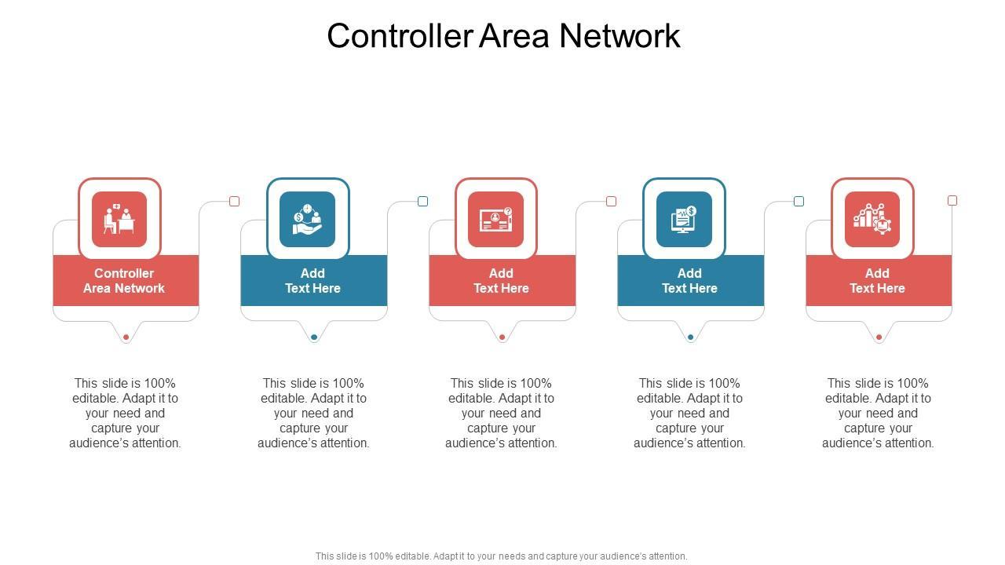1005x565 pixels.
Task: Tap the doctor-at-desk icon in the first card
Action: (x=119, y=219)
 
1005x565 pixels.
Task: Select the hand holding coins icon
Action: (x=308, y=219)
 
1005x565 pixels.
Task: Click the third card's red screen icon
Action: (x=496, y=219)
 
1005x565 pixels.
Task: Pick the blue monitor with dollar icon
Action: (x=684, y=219)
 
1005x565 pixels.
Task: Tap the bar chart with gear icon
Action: (x=872, y=219)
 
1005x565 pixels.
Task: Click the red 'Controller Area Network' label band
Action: (x=125, y=281)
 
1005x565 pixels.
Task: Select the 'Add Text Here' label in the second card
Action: (x=312, y=281)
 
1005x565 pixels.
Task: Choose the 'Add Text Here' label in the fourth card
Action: (x=689, y=281)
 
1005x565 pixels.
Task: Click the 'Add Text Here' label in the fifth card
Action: (x=877, y=281)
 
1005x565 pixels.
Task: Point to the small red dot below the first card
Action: (x=126, y=337)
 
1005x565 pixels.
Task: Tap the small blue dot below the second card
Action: (x=314, y=337)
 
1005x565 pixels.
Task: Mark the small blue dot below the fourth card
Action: (x=690, y=337)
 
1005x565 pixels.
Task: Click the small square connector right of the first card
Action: (x=234, y=202)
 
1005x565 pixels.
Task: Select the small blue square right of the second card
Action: (x=422, y=202)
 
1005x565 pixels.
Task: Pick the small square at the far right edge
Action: (x=952, y=201)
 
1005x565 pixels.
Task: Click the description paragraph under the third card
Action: (x=501, y=413)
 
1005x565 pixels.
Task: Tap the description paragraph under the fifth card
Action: (x=878, y=413)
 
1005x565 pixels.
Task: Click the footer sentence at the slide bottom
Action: (x=501, y=556)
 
